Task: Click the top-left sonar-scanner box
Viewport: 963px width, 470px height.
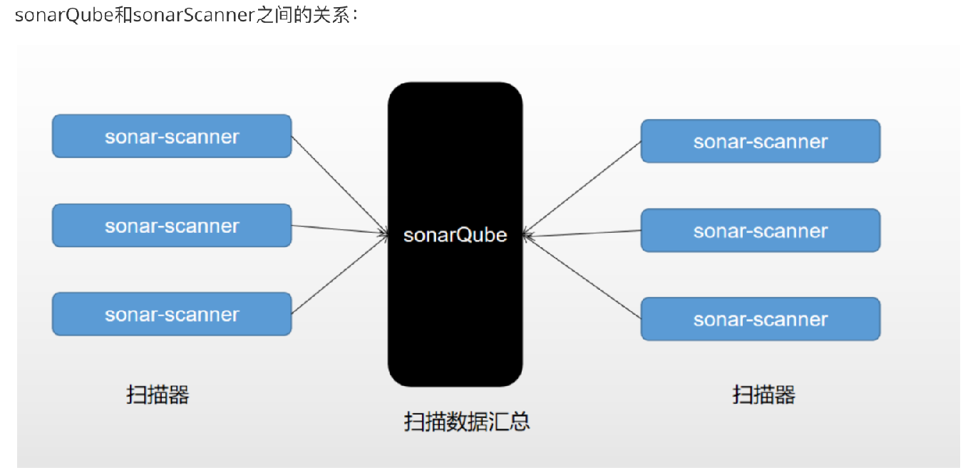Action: pyautogui.click(x=172, y=136)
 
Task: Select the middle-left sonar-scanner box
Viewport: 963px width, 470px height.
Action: pyautogui.click(x=172, y=226)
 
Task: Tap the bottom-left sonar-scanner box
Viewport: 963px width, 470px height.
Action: pyautogui.click(x=172, y=314)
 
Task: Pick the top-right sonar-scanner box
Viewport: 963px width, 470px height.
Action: pyautogui.click(x=761, y=141)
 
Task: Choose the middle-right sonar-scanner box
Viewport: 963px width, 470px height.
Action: pyautogui.click(x=761, y=231)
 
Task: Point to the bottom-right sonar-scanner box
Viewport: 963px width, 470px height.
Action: pyautogui.click(x=761, y=319)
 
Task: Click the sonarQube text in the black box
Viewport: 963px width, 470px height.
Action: pyautogui.click(x=455, y=235)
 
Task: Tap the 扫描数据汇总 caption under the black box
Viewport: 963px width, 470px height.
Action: pyautogui.click(x=467, y=422)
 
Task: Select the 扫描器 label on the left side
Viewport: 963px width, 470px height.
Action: pyautogui.click(x=158, y=395)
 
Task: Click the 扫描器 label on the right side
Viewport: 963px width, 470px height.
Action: pyautogui.click(x=763, y=395)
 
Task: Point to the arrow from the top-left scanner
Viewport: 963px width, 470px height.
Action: pyautogui.click(x=339, y=184)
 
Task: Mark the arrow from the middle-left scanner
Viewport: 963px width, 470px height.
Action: pyautogui.click(x=339, y=229)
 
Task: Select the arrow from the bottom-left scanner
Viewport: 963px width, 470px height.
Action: pyautogui.click(x=339, y=274)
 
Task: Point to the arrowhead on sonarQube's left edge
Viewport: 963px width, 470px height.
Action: pyautogui.click(x=384, y=233)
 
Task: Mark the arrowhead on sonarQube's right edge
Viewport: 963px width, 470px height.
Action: pyautogui.click(x=526, y=234)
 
